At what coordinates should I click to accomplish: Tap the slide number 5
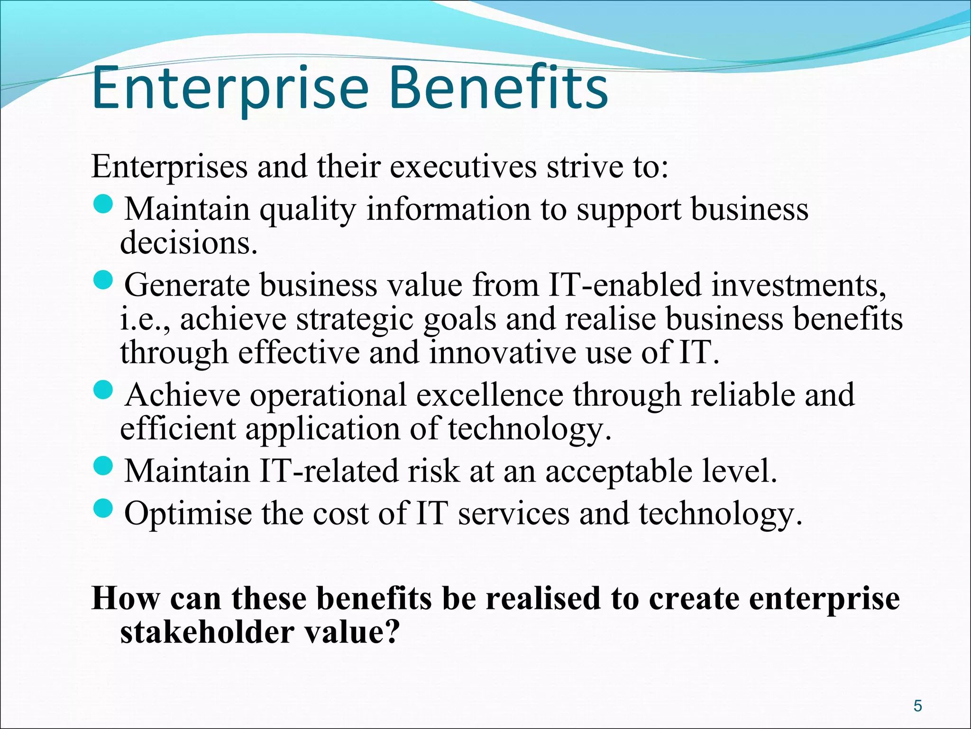point(918,706)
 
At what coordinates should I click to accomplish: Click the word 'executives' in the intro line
point(464,167)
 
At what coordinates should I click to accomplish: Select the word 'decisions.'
point(189,243)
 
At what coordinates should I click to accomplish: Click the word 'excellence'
point(490,395)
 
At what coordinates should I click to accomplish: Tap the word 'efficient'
point(178,429)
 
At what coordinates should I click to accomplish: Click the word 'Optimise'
point(188,514)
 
